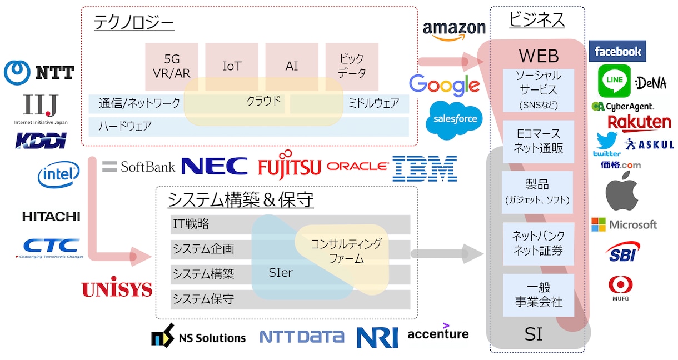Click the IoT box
point(232,67)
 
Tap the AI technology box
point(292,67)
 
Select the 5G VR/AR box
point(172,67)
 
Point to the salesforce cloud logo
point(455,119)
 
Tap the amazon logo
point(454,30)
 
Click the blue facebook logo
point(617,51)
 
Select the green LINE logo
point(615,81)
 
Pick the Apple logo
point(622,191)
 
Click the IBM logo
point(425,168)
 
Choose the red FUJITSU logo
point(290,165)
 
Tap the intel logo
point(59,174)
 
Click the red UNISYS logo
point(117,287)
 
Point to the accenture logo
point(438,332)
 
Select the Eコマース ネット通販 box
point(539,142)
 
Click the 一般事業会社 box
point(539,295)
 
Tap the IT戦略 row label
point(191,224)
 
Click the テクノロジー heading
point(134,22)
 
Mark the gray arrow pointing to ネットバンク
point(447,254)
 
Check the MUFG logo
point(621,288)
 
